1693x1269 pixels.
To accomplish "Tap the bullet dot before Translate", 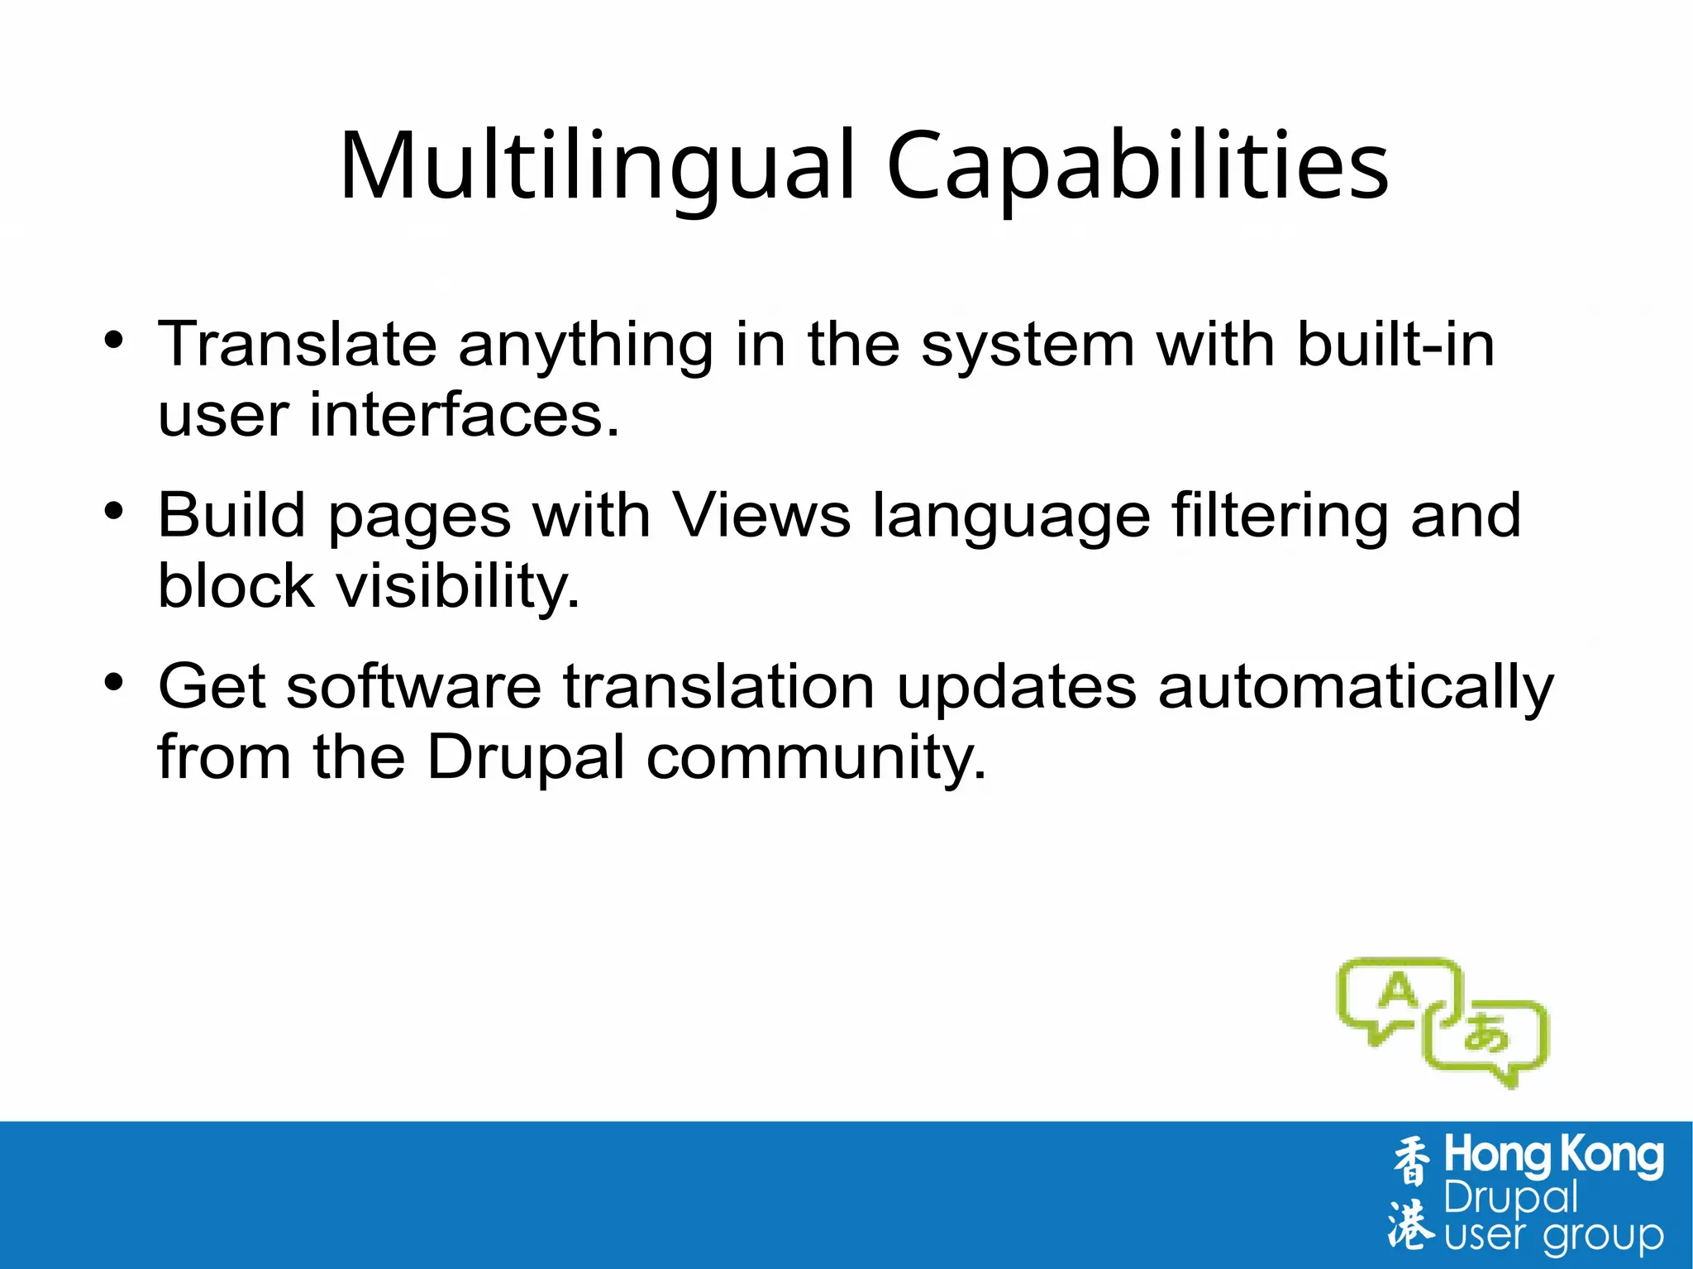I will pos(114,340).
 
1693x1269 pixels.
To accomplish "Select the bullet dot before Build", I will pos(114,511).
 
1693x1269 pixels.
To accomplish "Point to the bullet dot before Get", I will pos(114,682).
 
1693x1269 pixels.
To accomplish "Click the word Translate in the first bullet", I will pos(297,344).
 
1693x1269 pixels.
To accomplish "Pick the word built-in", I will pos(1396,344).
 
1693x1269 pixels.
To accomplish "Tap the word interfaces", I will pos(464,414).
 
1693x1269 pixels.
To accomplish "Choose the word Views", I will pos(761,515).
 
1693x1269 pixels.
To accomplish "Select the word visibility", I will pos(457,587).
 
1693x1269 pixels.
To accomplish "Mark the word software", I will pos(413,686).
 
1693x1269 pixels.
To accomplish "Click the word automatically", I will pos(1356,688).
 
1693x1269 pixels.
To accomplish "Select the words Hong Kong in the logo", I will pos(1553,1156).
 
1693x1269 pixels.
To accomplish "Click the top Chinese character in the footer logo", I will pos(1411,1161).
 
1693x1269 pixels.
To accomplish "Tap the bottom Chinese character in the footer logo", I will pos(1411,1223).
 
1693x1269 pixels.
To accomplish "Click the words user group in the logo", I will pos(1553,1236).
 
